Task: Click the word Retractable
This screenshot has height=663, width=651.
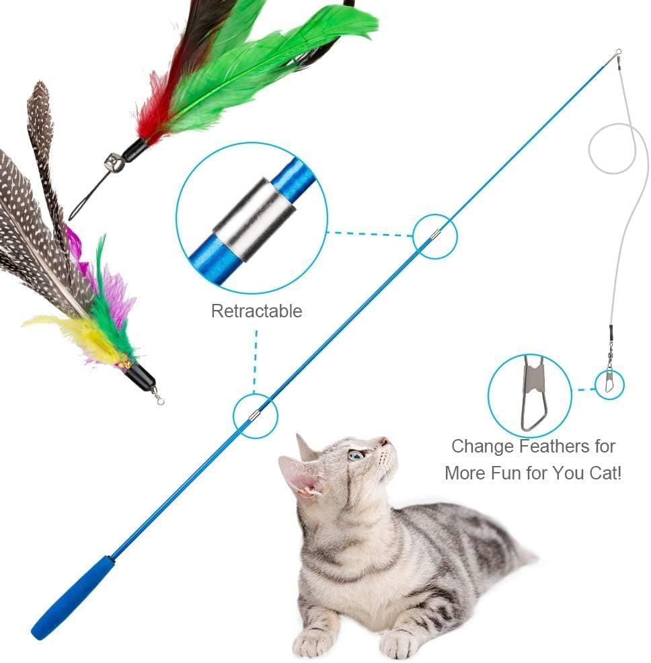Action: pyautogui.click(x=256, y=311)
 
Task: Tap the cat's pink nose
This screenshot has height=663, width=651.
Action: pyautogui.click(x=384, y=441)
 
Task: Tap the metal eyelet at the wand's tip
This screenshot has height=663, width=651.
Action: pyautogui.click(x=617, y=52)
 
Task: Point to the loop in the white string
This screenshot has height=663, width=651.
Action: pyautogui.click(x=612, y=149)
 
